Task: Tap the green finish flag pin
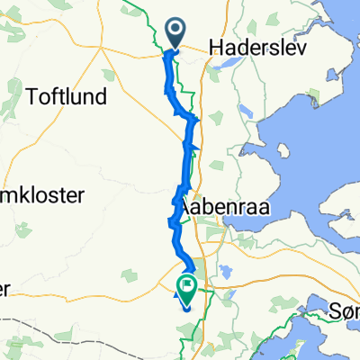pos(186,288)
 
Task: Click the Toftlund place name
pos(69,96)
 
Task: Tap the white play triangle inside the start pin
pos(175,31)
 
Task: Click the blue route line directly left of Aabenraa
pos(176,206)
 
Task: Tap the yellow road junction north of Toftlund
pos(102,51)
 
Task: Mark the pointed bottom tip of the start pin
pos(175,49)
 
